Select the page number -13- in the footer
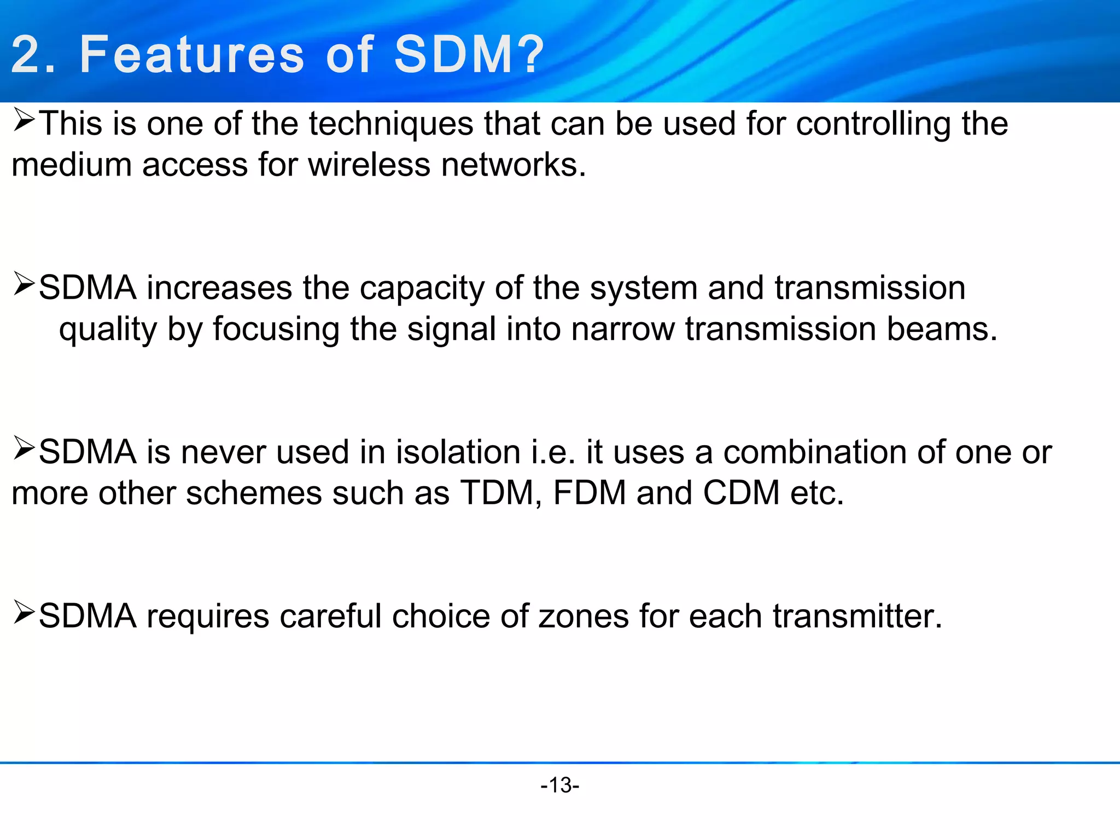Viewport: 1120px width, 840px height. (559, 785)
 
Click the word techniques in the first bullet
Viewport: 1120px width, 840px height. (390, 124)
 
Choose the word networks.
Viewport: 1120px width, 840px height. (514, 165)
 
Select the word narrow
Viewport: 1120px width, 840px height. (623, 329)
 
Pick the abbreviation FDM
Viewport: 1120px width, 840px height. (590, 493)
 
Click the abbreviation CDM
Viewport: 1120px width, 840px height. (741, 493)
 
